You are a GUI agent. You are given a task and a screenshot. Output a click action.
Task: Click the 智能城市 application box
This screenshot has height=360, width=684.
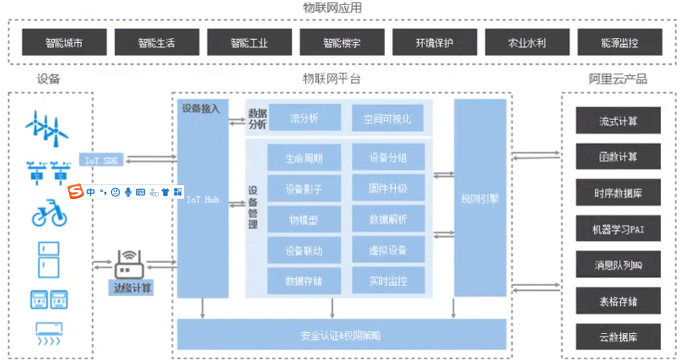(64, 42)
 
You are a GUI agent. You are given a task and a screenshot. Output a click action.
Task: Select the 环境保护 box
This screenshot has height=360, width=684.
(435, 42)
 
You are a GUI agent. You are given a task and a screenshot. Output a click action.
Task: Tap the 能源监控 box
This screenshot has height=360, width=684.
(619, 42)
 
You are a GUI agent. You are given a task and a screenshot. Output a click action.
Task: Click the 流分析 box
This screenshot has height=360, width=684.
(305, 118)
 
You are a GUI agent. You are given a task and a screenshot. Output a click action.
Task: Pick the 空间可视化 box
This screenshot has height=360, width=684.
(388, 118)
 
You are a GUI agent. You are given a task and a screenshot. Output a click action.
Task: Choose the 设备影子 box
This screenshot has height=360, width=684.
(304, 188)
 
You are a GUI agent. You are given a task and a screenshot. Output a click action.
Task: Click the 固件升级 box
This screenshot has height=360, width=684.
(388, 188)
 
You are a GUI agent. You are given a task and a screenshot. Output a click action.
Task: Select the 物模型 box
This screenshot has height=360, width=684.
(304, 219)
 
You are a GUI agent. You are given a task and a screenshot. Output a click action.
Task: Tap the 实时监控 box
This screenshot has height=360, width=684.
(388, 280)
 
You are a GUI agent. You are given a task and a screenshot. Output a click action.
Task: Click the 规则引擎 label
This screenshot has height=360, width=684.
(480, 199)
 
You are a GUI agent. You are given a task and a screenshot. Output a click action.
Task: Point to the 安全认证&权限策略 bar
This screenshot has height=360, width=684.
(341, 335)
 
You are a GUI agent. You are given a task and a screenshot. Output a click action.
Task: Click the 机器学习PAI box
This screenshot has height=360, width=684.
(618, 229)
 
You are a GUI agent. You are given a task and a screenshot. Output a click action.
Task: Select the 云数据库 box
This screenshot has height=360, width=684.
(618, 337)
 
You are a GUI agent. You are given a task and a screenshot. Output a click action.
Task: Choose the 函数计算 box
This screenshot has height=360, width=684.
(618, 156)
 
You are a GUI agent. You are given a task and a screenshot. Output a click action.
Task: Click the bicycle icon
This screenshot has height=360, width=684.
(49, 213)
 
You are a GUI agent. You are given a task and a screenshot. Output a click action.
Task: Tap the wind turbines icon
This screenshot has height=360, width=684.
(47, 127)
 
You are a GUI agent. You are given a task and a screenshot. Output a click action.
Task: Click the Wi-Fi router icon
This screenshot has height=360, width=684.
(130, 264)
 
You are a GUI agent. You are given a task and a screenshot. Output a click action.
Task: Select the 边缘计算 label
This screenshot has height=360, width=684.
(133, 288)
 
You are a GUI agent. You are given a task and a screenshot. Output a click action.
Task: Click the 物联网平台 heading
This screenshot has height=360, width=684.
(331, 79)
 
